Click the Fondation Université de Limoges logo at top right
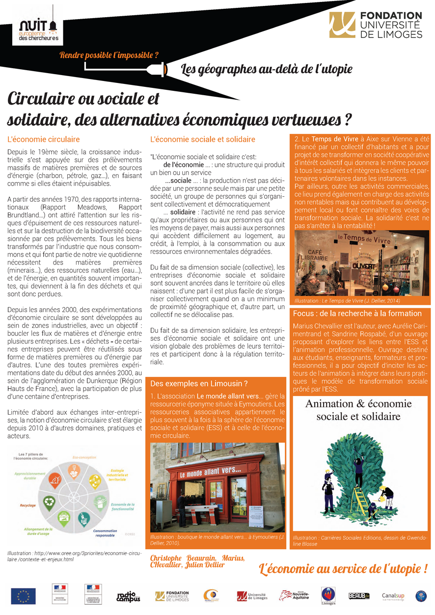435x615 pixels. point(376,26)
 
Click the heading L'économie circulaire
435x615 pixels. point(44,139)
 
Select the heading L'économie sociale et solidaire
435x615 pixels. point(203,139)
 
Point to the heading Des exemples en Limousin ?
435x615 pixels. point(198,383)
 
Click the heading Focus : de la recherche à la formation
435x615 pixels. point(357,313)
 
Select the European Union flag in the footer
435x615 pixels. point(23,596)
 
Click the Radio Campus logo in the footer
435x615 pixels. point(129,596)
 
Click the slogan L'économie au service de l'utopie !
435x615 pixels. point(343,569)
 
